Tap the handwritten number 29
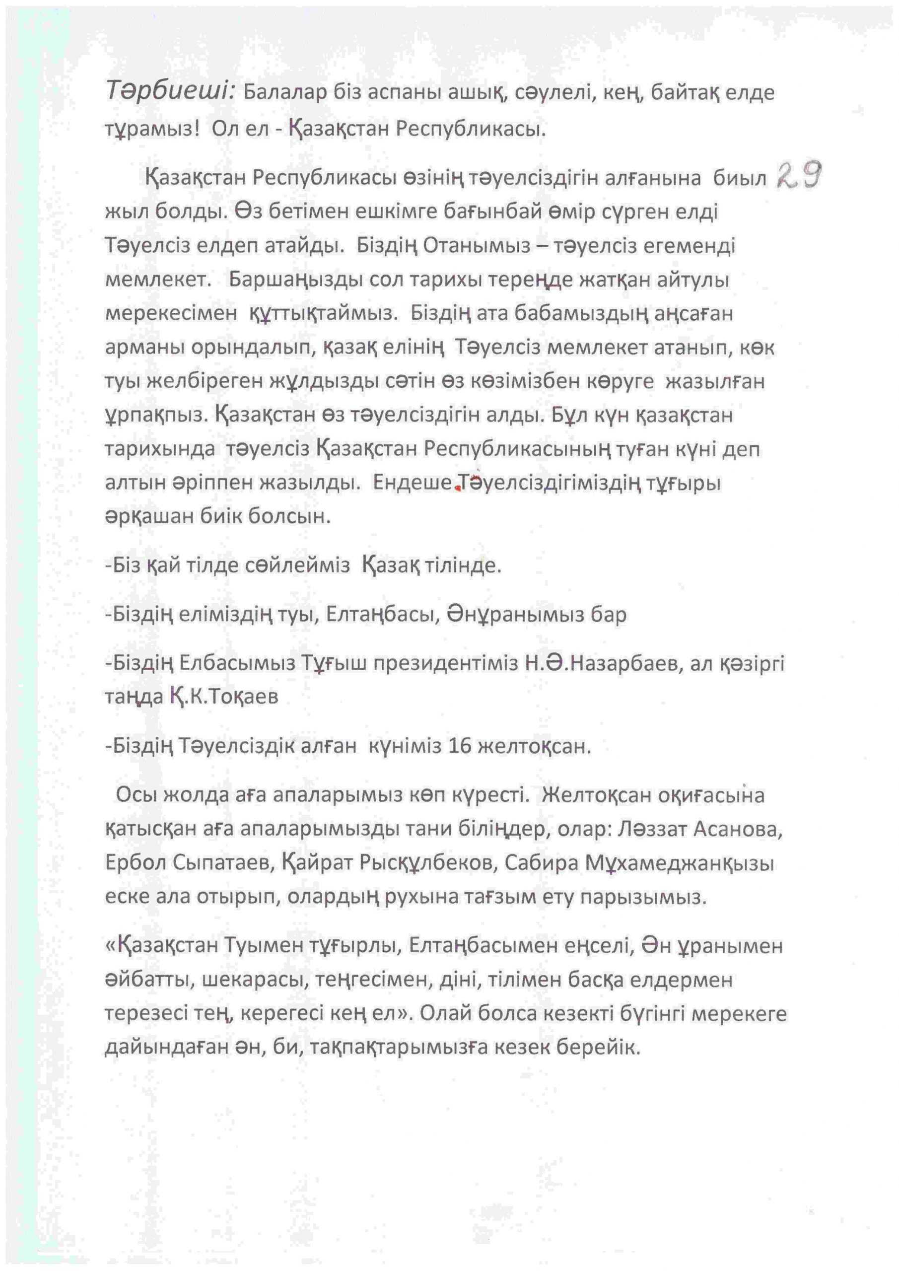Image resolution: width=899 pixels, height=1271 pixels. point(799,176)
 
